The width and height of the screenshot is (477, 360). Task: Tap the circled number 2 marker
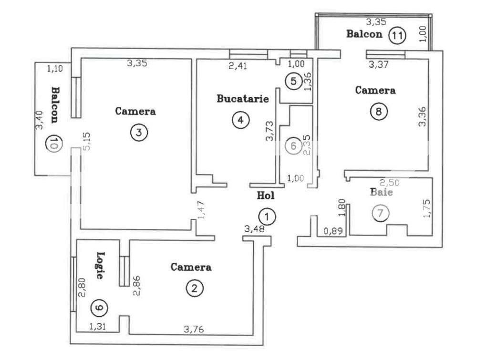195,288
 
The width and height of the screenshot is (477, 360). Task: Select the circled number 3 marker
138,133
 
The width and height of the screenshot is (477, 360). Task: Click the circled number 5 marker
294,82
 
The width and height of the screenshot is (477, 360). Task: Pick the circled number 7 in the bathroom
380,213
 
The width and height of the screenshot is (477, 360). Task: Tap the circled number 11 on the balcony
396,35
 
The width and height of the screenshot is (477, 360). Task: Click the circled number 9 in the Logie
99,308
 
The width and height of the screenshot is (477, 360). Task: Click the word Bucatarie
243,99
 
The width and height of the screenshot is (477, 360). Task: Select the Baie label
382,193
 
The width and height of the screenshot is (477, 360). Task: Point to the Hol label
266,195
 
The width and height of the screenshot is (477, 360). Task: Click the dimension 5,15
86,142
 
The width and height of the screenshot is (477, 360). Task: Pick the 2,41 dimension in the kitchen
238,66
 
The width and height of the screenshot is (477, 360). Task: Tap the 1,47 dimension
202,210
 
